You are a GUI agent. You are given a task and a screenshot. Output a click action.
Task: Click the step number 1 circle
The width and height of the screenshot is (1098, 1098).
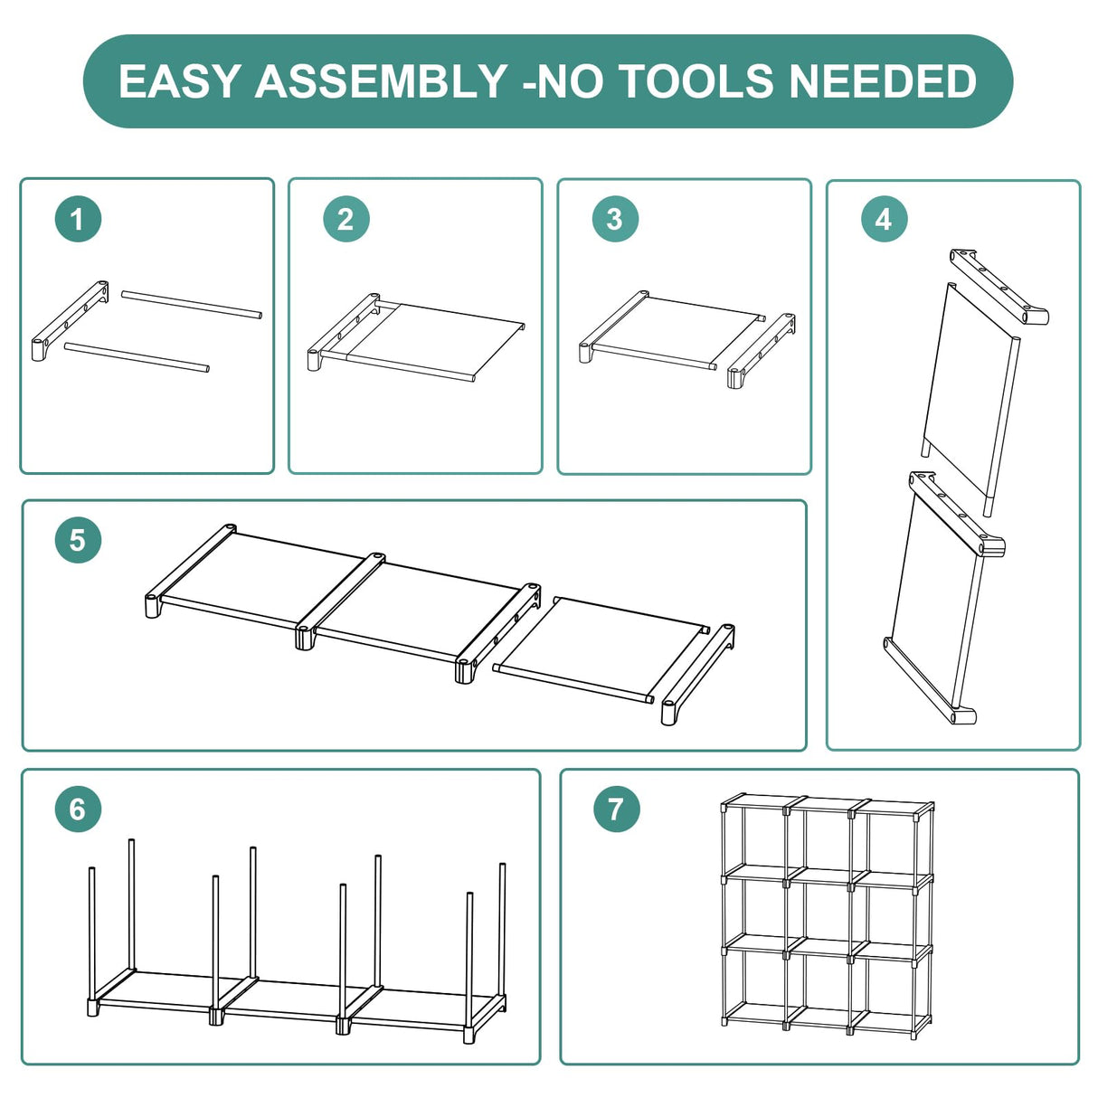click(x=78, y=219)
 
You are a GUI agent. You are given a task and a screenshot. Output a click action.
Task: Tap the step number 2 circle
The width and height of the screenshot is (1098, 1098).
click(x=345, y=219)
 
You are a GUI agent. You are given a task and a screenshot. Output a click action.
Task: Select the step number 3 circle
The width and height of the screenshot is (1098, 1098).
click(x=615, y=219)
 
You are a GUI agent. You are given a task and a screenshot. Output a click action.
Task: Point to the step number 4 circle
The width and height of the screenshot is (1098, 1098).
click(x=884, y=219)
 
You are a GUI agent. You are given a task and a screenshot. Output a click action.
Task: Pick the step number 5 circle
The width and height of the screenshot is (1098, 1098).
click(x=78, y=540)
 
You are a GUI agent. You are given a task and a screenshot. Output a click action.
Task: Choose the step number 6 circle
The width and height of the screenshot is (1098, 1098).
click(x=78, y=809)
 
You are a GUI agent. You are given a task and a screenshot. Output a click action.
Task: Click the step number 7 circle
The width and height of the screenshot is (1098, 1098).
click(x=617, y=809)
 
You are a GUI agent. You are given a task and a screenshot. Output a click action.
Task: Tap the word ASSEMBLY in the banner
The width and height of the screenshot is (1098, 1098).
click(x=381, y=80)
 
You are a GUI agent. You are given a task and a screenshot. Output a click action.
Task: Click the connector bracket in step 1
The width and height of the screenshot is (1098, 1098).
click(x=70, y=321)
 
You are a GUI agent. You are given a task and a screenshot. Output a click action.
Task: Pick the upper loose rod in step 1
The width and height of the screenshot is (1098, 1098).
click(x=192, y=305)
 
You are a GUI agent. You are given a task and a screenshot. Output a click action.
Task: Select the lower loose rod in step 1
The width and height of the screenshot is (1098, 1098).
click(x=137, y=356)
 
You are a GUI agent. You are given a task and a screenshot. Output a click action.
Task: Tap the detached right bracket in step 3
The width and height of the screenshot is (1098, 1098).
click(x=762, y=350)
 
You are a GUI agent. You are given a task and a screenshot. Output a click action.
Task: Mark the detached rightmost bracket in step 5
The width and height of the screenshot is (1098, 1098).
click(x=698, y=675)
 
